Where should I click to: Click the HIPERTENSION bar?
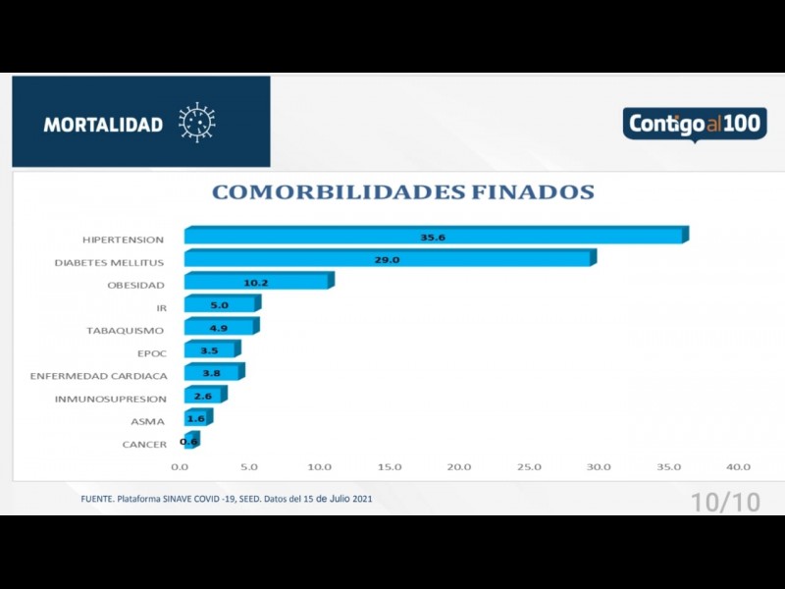[x=432, y=237]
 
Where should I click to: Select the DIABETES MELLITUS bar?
[x=388, y=259]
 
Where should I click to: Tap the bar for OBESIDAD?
[x=257, y=283]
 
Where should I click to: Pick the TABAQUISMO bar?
[x=219, y=328]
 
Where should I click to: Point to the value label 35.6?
[x=432, y=237]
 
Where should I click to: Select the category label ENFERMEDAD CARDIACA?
[x=98, y=376]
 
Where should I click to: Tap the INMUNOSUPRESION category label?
[x=110, y=399]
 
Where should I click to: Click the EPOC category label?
[x=151, y=353]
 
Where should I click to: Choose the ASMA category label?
[x=148, y=421]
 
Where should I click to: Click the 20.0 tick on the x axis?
[x=459, y=467]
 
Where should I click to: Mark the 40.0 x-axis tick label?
[x=738, y=467]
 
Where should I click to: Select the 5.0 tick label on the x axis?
[x=249, y=467]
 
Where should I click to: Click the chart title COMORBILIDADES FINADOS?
[x=402, y=192]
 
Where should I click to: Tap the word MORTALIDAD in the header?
[x=103, y=125]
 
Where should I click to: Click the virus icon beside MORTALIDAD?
[x=196, y=123]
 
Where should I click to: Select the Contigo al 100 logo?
[x=694, y=125]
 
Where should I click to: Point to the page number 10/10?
[x=725, y=502]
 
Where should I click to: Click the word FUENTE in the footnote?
[x=96, y=499]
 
